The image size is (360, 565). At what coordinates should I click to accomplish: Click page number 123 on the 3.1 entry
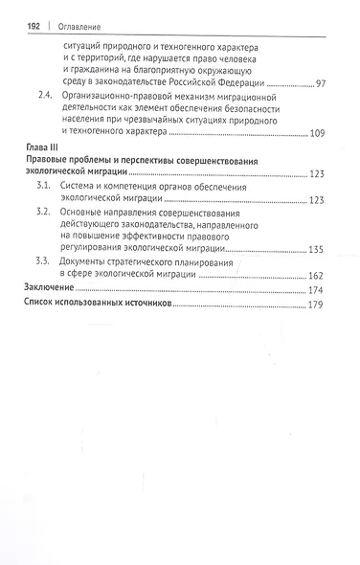click(x=316, y=200)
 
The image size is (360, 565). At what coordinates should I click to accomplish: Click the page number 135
click(x=316, y=249)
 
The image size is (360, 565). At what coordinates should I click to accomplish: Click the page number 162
click(x=316, y=276)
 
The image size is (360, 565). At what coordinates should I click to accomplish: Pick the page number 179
click(x=316, y=306)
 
